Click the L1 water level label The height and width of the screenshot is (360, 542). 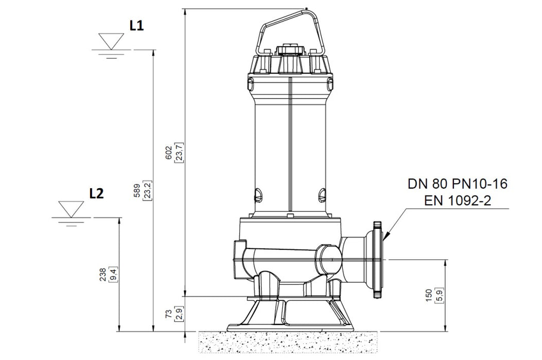click(x=136, y=27)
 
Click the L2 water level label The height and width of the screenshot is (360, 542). click(x=97, y=194)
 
